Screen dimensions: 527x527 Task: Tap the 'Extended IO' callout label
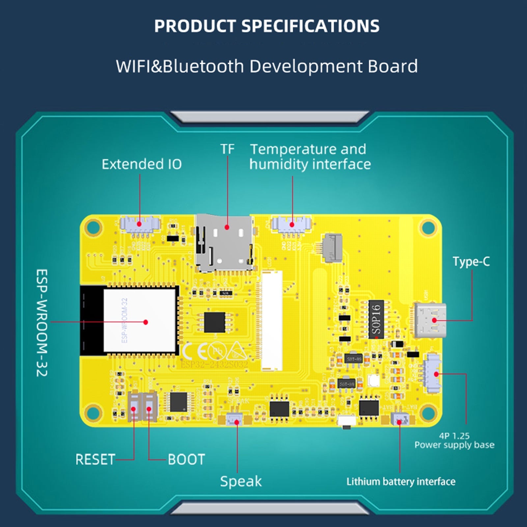tap(142, 164)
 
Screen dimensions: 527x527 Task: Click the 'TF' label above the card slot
tap(227, 149)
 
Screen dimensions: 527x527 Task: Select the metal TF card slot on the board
tap(224, 242)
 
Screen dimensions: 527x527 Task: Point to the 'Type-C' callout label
tap(471, 262)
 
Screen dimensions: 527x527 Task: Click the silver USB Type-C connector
tap(430, 320)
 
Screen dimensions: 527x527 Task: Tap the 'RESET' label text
tap(95, 459)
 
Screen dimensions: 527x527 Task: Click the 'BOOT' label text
tap(186, 459)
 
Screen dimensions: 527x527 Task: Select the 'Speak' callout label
tap(241, 482)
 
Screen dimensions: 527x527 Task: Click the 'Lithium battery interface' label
tap(401, 482)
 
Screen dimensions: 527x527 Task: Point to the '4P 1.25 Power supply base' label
tap(454, 441)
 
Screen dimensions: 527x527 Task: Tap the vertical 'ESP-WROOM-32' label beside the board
tap(42, 323)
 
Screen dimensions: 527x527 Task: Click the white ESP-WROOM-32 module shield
tap(140, 320)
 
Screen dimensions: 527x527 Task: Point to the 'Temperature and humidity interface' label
tap(310, 157)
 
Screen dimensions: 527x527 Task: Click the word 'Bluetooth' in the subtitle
tap(203, 66)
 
